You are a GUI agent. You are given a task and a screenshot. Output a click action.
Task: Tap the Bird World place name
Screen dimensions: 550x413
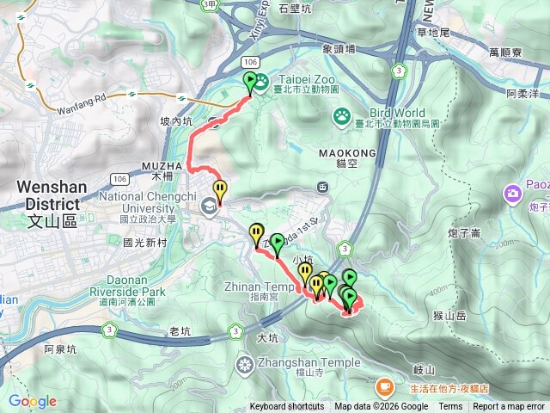click(397, 113)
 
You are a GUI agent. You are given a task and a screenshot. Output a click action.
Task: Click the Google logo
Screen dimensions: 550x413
click(32, 401)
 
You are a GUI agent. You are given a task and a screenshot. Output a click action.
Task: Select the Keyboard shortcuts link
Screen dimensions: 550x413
click(287, 407)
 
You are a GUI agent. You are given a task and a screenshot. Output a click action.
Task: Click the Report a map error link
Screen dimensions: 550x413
click(510, 407)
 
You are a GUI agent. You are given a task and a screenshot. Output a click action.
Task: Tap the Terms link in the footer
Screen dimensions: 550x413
click(450, 407)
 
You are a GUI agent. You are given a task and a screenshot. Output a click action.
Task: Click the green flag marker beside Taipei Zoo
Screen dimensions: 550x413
click(251, 83)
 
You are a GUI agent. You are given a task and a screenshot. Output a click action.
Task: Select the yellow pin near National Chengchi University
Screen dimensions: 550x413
click(220, 190)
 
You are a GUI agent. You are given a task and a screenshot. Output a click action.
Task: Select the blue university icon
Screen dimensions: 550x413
click(208, 206)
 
